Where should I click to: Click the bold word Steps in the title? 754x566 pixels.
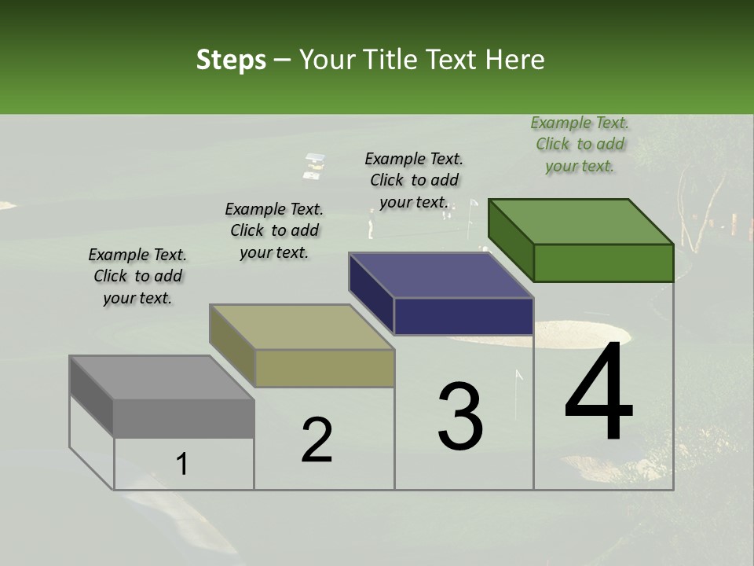[231, 60]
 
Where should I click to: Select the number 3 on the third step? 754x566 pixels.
[460, 416]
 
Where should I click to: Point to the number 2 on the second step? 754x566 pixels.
[317, 440]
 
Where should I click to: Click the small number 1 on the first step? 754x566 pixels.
[182, 465]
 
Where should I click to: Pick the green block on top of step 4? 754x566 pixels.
[581, 241]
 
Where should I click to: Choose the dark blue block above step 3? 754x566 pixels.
[441, 294]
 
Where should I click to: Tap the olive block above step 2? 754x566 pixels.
[302, 346]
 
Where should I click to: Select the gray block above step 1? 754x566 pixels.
[162, 397]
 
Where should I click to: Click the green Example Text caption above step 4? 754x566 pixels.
[580, 144]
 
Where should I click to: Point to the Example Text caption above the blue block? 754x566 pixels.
[414, 180]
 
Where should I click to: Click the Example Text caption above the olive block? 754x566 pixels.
[274, 230]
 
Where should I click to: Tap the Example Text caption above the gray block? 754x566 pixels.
[137, 276]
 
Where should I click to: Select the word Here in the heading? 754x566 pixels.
[515, 60]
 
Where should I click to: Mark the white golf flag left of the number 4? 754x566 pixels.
[518, 378]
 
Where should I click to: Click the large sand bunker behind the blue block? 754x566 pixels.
[565, 334]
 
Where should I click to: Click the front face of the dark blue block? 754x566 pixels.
[463, 317]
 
